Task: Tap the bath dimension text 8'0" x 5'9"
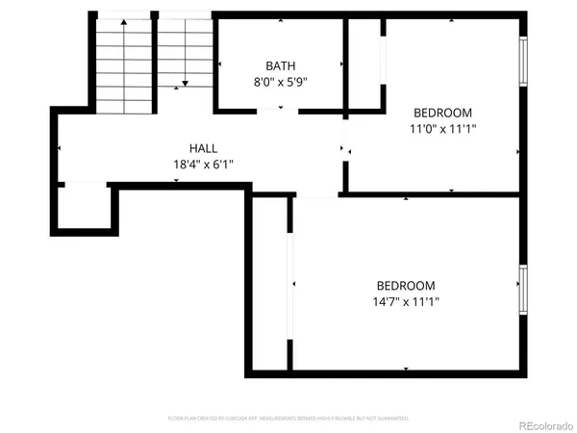tap(281, 82)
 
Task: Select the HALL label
tap(203, 148)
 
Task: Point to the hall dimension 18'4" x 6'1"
tap(203, 165)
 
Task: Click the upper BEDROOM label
tap(442, 111)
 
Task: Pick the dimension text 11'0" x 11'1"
tap(442, 127)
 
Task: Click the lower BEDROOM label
tap(405, 286)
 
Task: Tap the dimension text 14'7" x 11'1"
tap(405, 302)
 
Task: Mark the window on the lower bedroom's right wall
tap(524, 291)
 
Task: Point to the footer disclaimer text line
tap(288, 419)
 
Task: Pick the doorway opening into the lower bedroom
tap(316, 195)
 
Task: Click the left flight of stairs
tap(123, 63)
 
